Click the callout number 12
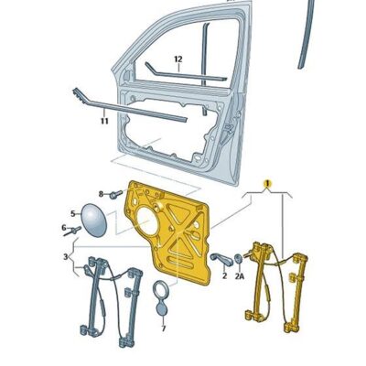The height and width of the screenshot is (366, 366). coord(178,59)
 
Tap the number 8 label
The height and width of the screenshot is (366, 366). coord(101,194)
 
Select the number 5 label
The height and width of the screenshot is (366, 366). coord(73,212)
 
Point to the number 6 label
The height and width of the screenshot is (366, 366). coord(64,228)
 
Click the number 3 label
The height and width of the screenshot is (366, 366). coord(64,258)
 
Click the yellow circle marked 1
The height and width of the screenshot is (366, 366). coord(267,183)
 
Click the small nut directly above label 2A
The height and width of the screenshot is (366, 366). coord(239,258)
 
